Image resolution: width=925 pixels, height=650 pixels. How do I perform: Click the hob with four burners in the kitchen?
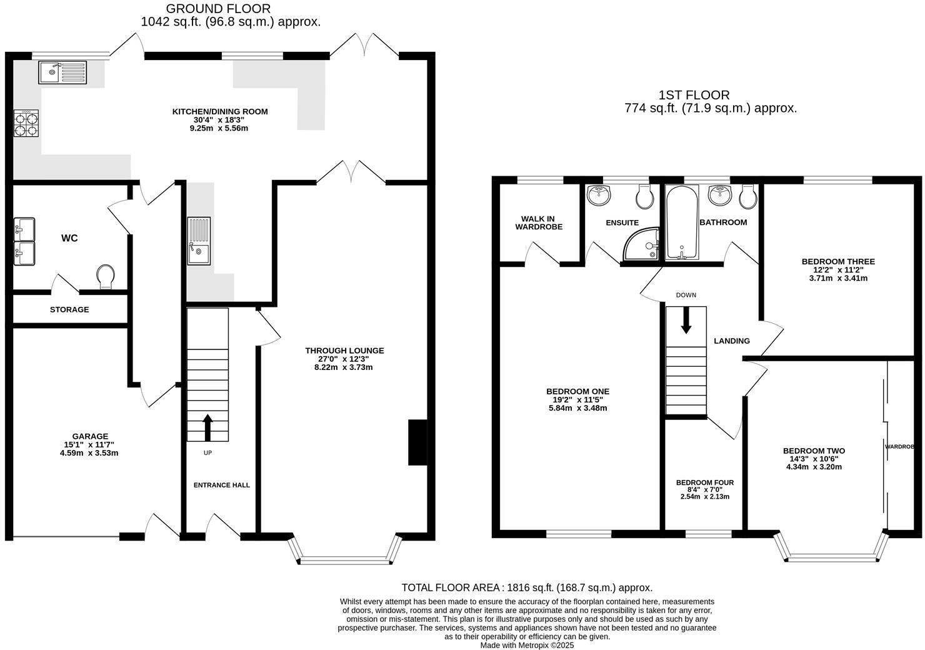point(26,123)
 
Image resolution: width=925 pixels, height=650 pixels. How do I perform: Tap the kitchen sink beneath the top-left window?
point(64,72)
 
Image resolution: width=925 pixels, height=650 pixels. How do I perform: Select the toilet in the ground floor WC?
point(106,277)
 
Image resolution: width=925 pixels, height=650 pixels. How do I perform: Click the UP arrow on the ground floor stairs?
point(207,428)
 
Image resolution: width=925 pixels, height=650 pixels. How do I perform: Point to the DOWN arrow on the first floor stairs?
point(686,320)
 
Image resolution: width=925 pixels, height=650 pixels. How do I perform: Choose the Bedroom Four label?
point(704,482)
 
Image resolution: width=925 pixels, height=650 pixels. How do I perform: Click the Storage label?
point(69,309)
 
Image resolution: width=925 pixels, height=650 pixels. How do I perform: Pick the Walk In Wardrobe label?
point(539,222)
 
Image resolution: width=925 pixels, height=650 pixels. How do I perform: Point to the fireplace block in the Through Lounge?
point(417,442)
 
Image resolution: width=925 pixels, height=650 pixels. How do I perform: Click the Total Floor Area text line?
point(526,587)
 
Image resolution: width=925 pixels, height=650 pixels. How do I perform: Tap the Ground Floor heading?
point(218,9)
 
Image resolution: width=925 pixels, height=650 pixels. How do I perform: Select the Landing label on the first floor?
point(731,341)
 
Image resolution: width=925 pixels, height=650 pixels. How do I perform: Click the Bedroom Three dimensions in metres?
point(837,278)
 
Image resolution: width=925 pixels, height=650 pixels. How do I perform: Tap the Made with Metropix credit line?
point(526,645)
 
